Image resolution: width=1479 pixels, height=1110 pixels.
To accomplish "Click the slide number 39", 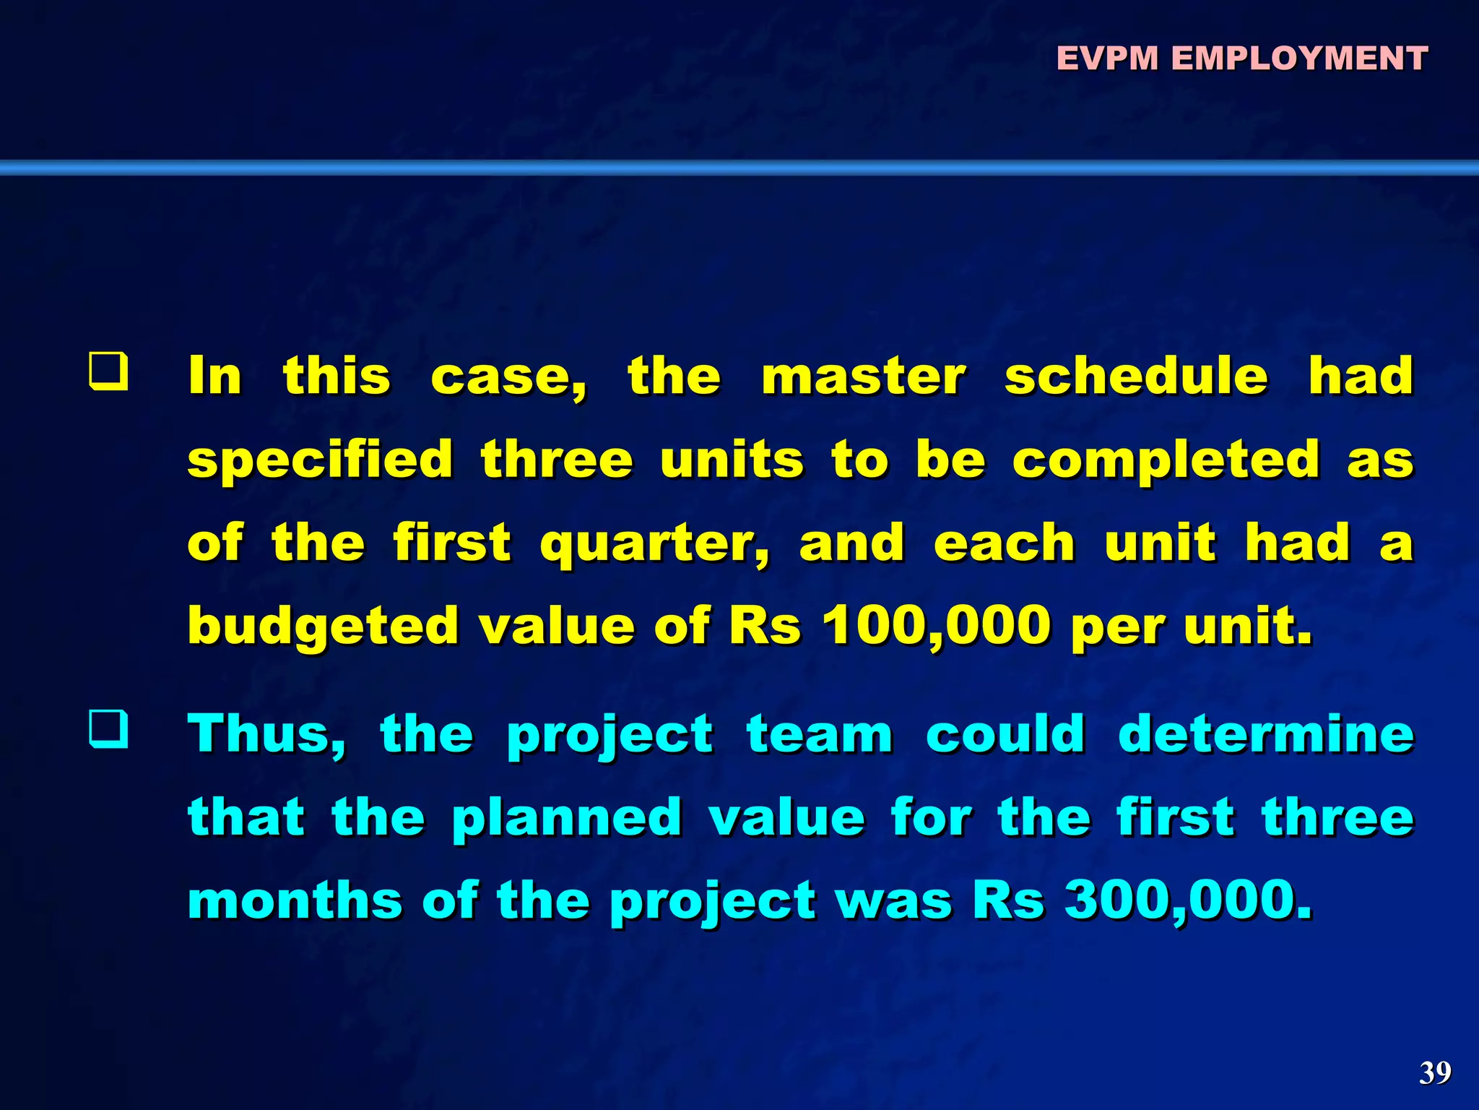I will tap(1434, 1072).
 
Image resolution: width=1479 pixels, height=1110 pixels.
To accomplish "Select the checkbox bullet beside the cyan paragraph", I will tap(109, 728).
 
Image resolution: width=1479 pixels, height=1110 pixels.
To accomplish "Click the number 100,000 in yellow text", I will tap(937, 625).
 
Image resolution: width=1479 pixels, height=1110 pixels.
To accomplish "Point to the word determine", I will tap(1265, 734).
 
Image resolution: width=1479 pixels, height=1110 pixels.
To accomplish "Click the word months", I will tap(295, 900).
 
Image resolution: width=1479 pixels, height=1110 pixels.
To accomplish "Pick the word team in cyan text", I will tap(820, 734).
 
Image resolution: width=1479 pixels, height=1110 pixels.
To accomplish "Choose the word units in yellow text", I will tap(732, 460).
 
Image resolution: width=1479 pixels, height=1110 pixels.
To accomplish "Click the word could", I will tap(1005, 734).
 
